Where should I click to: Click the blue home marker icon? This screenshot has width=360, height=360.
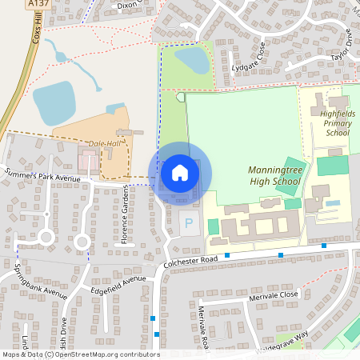click(x=180, y=172)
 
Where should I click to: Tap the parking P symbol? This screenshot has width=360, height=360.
click(x=189, y=223)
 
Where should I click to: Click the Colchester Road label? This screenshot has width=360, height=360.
click(x=190, y=261)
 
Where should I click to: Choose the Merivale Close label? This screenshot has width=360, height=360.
click(x=273, y=294)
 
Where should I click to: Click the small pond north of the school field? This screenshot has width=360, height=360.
click(x=192, y=60)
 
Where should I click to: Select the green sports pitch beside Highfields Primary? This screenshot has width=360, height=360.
click(x=332, y=166)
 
